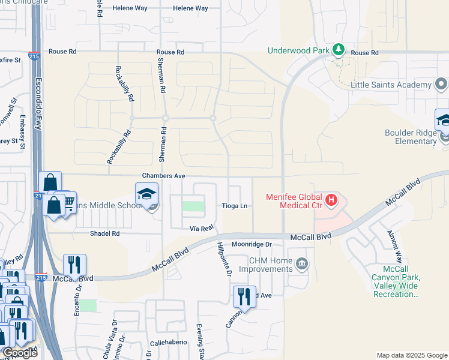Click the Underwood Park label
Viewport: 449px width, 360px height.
303,50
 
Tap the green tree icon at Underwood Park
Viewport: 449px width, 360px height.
339,49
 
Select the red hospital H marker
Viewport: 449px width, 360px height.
330,199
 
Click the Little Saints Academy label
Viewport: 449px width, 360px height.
391,85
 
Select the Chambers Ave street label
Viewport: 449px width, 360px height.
163,176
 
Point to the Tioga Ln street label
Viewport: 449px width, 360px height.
235,206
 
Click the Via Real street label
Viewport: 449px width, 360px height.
202,229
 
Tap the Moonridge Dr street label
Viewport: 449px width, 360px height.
252,244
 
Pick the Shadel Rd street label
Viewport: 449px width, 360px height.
104,233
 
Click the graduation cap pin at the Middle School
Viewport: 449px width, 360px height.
146,194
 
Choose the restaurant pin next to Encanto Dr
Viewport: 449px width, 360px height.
74,264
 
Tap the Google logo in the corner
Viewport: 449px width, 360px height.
19,353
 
